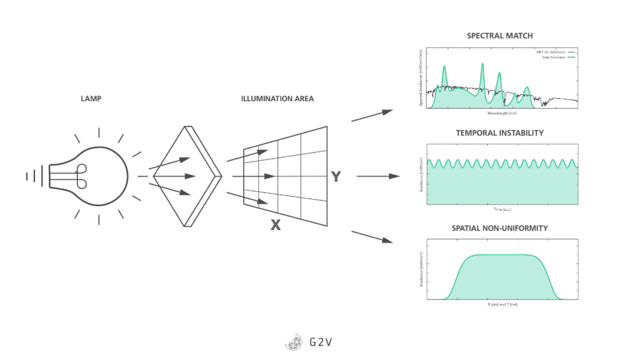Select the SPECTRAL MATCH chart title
click(x=500, y=36)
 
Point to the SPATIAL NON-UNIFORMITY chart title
click(x=500, y=229)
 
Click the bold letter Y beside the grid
click(x=336, y=177)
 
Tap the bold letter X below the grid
click(x=275, y=225)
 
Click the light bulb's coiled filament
click(x=80, y=176)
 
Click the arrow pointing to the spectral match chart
click(x=372, y=115)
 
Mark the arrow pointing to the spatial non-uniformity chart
click(x=372, y=236)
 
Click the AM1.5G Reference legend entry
click(x=552, y=53)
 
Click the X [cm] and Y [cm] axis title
click(x=502, y=305)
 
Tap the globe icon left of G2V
click(x=293, y=343)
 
